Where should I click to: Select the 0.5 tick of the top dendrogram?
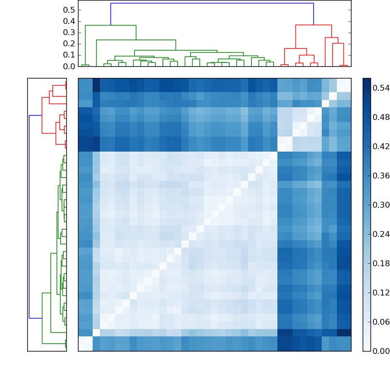pyautogui.click(x=70, y=10)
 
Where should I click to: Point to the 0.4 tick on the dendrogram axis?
pyautogui.click(x=70, y=21)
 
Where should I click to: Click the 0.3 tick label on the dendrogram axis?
pyautogui.click(x=70, y=32)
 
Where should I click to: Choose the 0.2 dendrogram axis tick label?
pyautogui.click(x=70, y=43)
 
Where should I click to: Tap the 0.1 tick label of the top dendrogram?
pyautogui.click(x=70, y=55)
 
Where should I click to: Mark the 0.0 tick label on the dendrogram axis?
pyautogui.click(x=70, y=66)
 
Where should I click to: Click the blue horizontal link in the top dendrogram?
pyautogui.click(x=212, y=3)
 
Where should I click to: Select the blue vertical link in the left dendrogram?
pyautogui.click(x=29, y=216)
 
